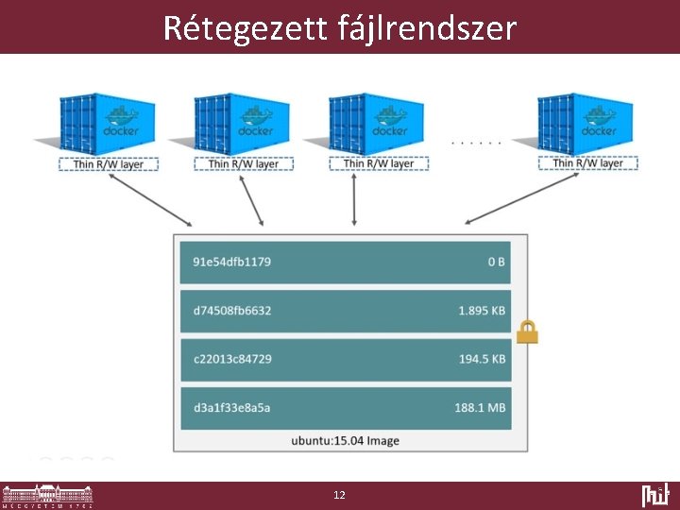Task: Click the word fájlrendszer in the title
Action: [x=426, y=28]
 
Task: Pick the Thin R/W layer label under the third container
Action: [x=379, y=163]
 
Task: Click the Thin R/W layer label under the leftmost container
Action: [x=109, y=163]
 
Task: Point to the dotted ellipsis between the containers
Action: [x=477, y=144]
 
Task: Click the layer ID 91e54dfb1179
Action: [x=231, y=262]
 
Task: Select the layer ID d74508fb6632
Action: [x=231, y=310]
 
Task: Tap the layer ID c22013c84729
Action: [x=231, y=359]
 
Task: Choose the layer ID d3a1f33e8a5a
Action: [x=231, y=408]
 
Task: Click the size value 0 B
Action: [x=496, y=262]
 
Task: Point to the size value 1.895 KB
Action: [x=482, y=310]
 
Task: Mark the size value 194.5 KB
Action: [x=482, y=359]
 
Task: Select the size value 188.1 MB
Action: [x=480, y=408]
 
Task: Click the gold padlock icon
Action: [x=527, y=331]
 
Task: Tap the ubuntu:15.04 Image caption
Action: [x=344, y=440]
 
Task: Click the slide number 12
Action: [x=340, y=495]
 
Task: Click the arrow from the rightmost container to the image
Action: [x=525, y=197]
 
